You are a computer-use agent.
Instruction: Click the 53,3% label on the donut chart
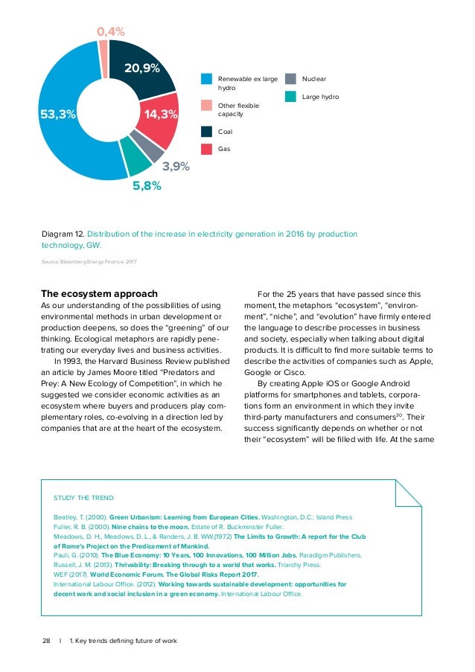pyautogui.click(x=57, y=115)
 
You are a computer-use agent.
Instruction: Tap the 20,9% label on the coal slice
pyautogui.click(x=142, y=68)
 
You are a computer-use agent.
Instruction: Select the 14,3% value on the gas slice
pyautogui.click(x=162, y=115)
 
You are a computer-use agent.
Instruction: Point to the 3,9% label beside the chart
pyautogui.click(x=176, y=167)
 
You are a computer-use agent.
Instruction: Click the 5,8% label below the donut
pyautogui.click(x=147, y=186)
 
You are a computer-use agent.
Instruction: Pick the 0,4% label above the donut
pyautogui.click(x=111, y=32)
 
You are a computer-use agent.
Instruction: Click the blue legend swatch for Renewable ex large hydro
pyautogui.click(x=207, y=80)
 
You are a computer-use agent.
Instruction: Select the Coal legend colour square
pyautogui.click(x=207, y=132)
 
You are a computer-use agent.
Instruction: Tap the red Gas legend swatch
pyautogui.click(x=207, y=149)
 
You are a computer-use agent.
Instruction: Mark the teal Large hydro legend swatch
pyautogui.click(x=291, y=96)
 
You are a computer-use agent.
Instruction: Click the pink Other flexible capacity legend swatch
pyautogui.click(x=207, y=106)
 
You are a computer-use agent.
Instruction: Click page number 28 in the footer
pyautogui.click(x=45, y=641)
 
